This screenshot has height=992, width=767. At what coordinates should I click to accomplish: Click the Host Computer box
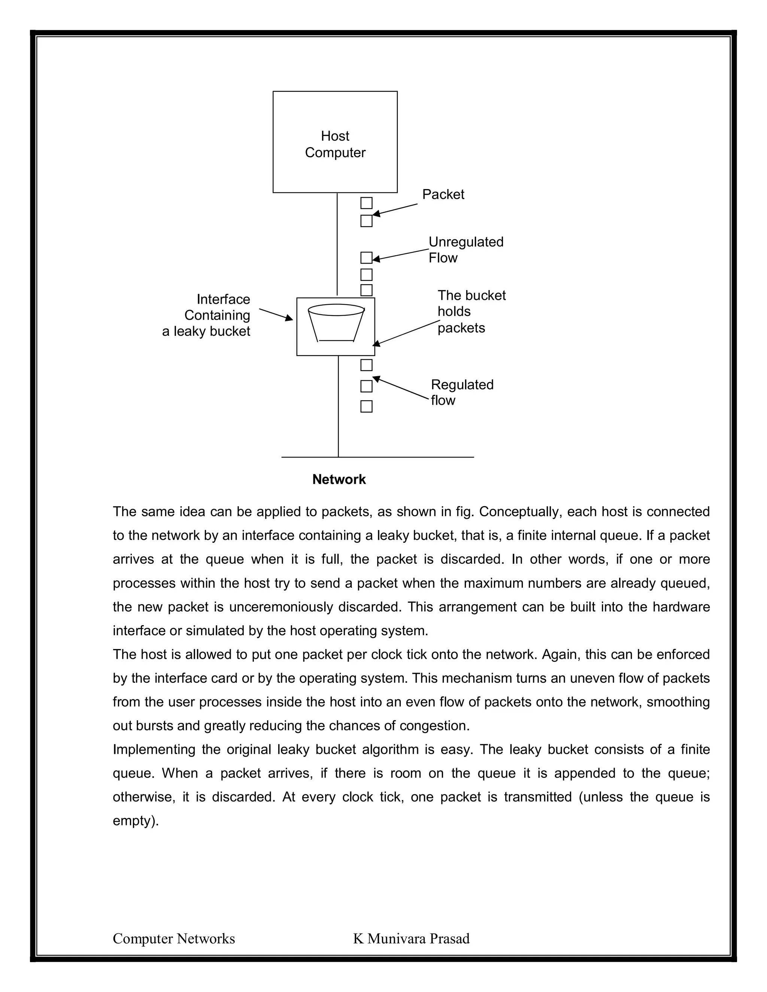335,142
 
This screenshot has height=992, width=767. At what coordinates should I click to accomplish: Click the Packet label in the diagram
443,194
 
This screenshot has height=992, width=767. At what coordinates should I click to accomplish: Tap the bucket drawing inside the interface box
336,323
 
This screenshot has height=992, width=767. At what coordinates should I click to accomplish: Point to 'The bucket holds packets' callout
471,311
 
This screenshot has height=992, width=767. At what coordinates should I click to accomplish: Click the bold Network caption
339,480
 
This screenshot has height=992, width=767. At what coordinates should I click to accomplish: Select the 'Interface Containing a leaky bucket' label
207,315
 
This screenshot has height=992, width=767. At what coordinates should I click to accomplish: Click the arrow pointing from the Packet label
394,209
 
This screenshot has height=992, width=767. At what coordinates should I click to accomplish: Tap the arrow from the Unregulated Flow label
400,255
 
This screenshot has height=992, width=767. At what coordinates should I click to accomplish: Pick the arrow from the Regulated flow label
400,388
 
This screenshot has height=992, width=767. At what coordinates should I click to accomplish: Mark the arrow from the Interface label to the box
276,314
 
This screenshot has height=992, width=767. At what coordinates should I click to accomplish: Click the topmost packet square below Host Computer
366,203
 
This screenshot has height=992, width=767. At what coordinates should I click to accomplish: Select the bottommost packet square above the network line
366,407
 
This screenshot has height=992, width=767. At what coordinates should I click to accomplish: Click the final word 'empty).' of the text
136,821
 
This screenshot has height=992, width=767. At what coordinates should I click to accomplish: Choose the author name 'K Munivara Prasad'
411,939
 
